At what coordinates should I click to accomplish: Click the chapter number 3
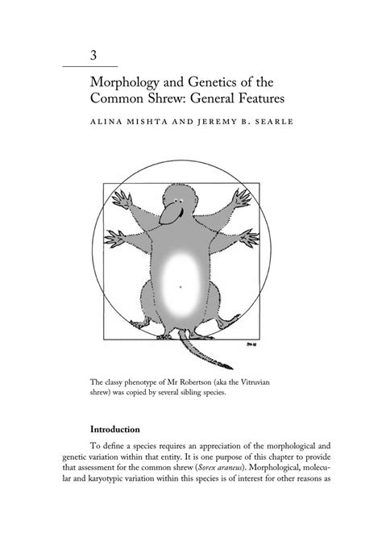pyautogui.click(x=94, y=56)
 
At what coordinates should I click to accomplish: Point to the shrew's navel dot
pyautogui.click(x=181, y=286)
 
